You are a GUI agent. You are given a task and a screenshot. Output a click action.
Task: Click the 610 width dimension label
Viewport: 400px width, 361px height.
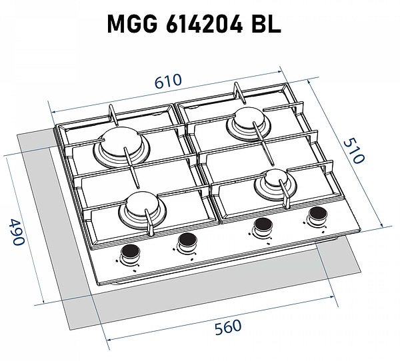169,81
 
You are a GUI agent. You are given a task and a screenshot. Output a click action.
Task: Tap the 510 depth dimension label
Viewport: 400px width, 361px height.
353,151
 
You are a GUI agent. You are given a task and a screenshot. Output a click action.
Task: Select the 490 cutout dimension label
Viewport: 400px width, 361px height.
16,232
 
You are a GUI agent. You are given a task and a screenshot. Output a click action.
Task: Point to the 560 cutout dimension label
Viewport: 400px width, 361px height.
228,327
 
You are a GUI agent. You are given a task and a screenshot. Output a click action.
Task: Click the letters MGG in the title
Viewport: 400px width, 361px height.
133,24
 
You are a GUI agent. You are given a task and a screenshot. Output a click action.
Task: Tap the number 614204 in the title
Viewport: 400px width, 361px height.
204,24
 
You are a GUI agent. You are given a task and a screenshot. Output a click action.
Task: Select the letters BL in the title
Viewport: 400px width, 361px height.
266,24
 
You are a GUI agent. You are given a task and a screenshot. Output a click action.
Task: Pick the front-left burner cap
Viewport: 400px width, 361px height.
141,204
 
